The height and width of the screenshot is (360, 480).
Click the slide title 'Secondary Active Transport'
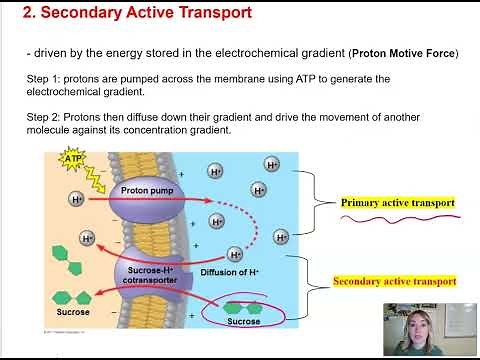(x=146, y=13)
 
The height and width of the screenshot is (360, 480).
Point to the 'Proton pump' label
(x=147, y=189)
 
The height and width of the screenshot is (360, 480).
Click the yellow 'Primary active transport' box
(x=397, y=203)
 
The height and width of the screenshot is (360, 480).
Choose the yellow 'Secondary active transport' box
(x=394, y=282)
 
